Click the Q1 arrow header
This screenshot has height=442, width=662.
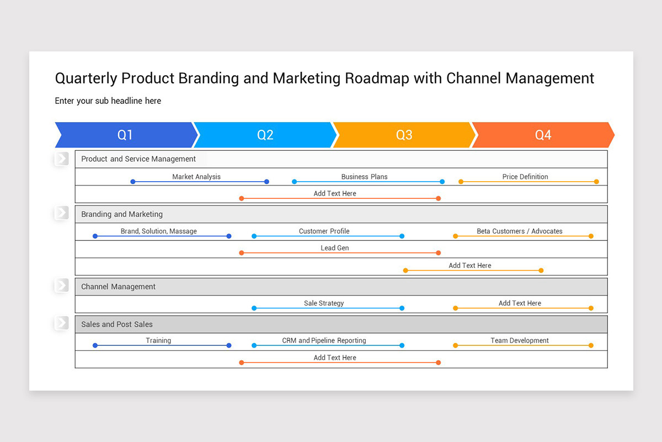(125, 135)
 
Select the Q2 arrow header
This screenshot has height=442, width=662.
(265, 135)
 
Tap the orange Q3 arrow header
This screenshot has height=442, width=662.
(404, 135)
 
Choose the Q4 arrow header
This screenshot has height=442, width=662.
(543, 135)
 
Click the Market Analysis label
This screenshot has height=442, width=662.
(196, 177)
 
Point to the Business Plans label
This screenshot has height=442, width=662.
(364, 177)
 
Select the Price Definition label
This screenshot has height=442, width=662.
(525, 177)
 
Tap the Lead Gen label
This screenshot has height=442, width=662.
(335, 248)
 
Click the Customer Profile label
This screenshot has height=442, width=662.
(324, 231)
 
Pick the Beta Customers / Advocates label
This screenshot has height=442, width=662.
(520, 231)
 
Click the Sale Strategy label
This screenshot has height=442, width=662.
(324, 303)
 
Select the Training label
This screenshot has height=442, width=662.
(158, 340)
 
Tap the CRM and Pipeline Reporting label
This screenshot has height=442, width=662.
(324, 340)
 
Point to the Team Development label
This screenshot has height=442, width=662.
(520, 340)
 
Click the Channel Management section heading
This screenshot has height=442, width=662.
(119, 287)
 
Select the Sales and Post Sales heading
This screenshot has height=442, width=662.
(117, 324)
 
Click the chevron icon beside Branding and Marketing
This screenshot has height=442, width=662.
(62, 213)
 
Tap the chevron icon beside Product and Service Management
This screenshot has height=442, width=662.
(62, 159)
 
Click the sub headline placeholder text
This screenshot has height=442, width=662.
(108, 101)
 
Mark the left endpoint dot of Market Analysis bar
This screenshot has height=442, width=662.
(133, 182)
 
